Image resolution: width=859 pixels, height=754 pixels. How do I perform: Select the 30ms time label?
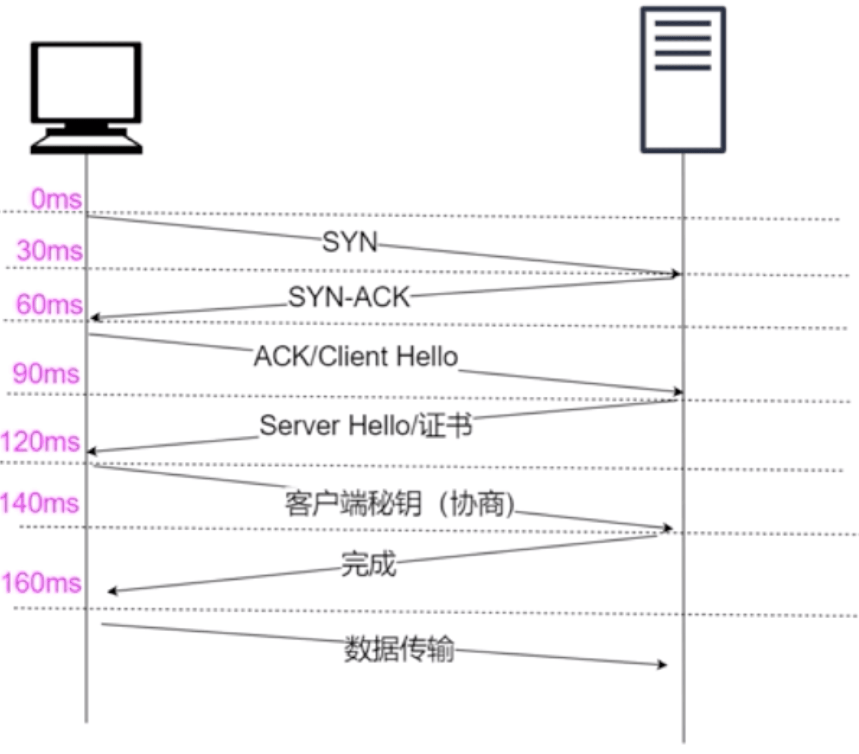point(50,251)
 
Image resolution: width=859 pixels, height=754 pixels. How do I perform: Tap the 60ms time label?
point(49,304)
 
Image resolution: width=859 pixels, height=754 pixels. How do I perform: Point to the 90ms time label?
point(46,373)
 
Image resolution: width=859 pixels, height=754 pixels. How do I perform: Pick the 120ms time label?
point(40,442)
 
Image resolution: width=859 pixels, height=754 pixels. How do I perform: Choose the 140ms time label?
point(40,503)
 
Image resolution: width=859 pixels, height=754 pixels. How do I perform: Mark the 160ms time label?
point(41,583)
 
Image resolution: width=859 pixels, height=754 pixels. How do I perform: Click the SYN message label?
point(350,242)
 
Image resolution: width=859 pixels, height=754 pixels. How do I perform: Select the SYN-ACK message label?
point(349,296)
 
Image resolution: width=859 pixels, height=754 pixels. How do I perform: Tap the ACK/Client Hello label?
point(356,356)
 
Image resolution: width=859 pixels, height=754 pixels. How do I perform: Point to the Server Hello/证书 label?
point(366,426)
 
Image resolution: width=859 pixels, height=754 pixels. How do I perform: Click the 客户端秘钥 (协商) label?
point(399,504)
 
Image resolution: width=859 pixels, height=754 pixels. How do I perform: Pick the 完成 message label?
point(368,564)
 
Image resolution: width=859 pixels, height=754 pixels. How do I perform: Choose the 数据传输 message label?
point(399,648)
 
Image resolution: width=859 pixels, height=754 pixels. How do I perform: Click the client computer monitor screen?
point(86,83)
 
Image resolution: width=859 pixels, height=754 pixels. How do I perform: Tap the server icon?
point(683,80)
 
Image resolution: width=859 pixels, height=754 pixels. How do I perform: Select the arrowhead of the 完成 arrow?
point(112,591)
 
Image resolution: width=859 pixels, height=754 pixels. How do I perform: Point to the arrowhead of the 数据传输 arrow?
point(663,665)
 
